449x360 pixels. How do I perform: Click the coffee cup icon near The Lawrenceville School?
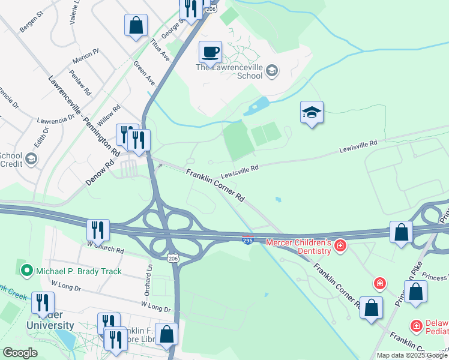[x=210, y=52]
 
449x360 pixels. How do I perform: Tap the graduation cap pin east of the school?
[x=312, y=113]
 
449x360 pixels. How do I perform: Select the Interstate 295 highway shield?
[x=248, y=240]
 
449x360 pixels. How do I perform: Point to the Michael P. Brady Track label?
[x=78, y=271]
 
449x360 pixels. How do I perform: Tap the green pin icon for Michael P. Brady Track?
[x=26, y=271]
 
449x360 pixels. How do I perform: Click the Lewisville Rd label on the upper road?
[x=358, y=144]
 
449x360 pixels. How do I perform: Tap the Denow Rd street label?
[x=100, y=172]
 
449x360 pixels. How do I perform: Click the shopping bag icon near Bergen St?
[x=136, y=26]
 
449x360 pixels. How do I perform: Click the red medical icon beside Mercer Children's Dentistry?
[x=340, y=245]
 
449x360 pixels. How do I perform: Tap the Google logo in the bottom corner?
[x=20, y=353]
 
